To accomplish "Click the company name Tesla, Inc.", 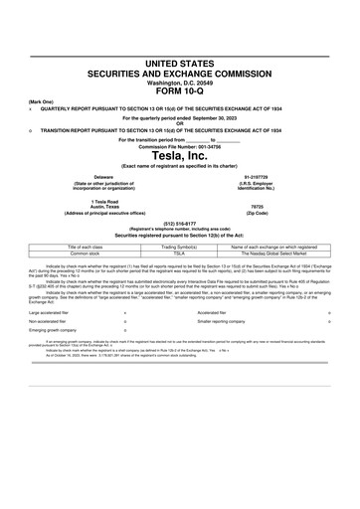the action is pos(180,155).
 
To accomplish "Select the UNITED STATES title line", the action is pos(180,64).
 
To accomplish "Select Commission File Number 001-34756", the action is pos(180,145).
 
